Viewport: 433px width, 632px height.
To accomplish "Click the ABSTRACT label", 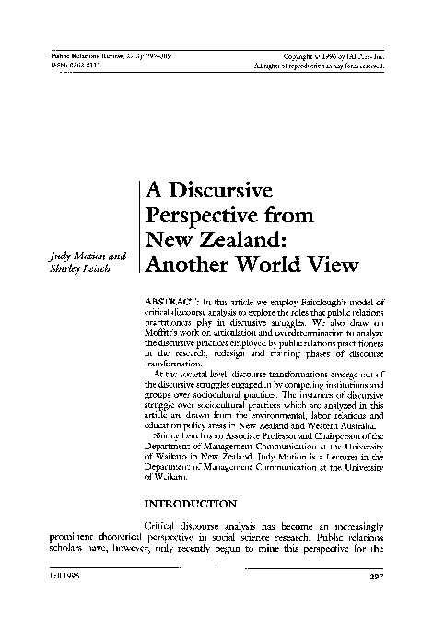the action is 172,303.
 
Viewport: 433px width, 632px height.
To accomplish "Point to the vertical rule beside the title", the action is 139,226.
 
